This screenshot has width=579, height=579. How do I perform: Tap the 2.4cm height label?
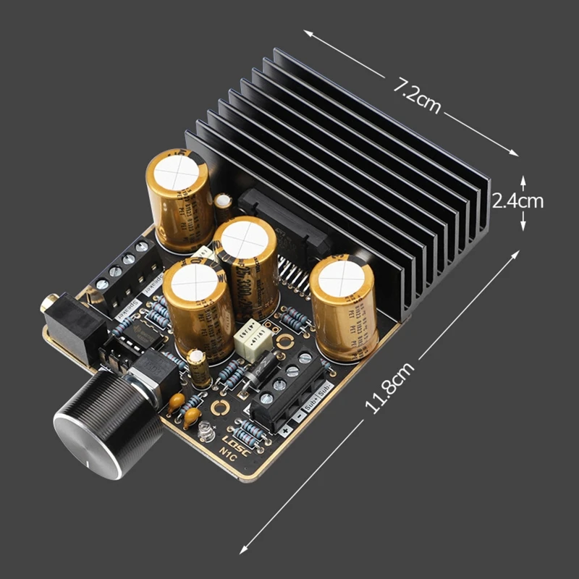[517, 200]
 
